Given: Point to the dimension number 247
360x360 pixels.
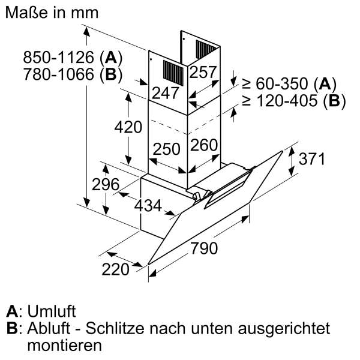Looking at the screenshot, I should coord(166,92).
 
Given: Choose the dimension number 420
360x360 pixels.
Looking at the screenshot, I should coord(128,128).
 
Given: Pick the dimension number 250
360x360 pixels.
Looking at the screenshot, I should coord(166,148).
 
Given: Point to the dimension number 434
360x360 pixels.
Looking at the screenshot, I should coord(148,206).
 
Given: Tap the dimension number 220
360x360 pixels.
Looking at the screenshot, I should coord(116,269).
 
